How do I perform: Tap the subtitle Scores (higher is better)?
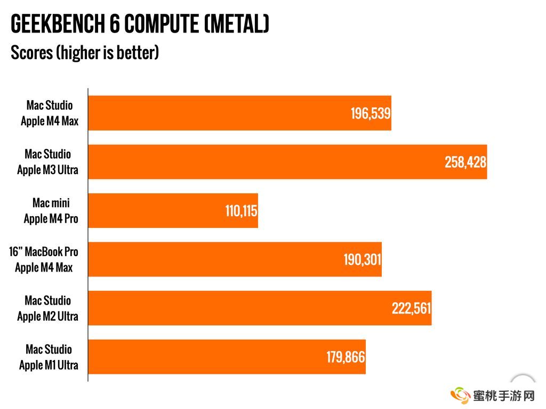click(85, 53)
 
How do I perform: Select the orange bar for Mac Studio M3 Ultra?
click(267, 162)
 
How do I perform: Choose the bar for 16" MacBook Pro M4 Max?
click(213, 259)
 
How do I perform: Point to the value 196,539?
click(371, 113)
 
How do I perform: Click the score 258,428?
click(465, 162)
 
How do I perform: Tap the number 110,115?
click(241, 211)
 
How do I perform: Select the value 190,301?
click(362, 260)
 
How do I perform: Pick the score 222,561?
click(411, 308)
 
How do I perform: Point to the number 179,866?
click(346, 357)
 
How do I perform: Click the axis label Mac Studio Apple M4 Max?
click(50, 113)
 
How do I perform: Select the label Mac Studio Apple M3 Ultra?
click(48, 162)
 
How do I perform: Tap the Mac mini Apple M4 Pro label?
click(51, 211)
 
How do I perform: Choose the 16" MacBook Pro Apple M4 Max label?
click(44, 259)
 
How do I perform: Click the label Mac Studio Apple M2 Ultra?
click(48, 308)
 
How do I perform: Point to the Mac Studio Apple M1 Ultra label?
click(49, 357)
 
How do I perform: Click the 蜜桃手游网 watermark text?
click(503, 396)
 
